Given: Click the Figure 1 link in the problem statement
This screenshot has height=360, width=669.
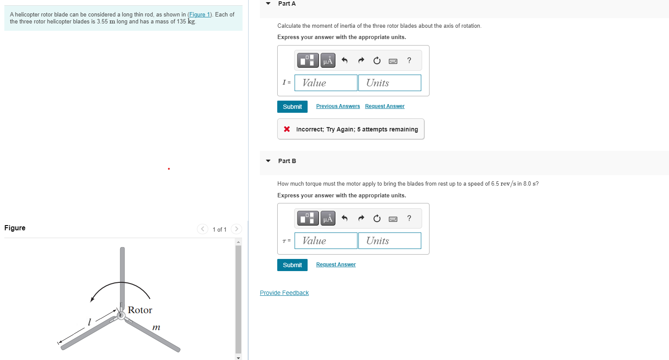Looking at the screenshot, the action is click(x=200, y=14).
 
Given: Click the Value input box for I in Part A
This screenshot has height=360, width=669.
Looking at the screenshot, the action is click(x=326, y=83).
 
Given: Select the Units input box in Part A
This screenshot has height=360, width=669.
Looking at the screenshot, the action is click(x=390, y=83).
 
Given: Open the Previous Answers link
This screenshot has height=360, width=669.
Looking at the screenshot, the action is click(x=338, y=106).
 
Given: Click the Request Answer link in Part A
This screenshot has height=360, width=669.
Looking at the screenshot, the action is click(x=385, y=106).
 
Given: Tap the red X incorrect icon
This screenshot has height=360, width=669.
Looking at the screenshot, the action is click(x=287, y=129).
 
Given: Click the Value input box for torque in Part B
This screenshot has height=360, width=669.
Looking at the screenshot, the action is click(x=326, y=241).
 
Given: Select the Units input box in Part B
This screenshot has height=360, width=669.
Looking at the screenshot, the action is click(x=390, y=241).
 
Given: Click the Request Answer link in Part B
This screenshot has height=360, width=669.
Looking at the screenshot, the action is click(x=336, y=265).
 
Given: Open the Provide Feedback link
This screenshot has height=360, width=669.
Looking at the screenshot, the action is click(x=284, y=293).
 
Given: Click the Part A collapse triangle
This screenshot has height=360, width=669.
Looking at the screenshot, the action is click(x=268, y=3).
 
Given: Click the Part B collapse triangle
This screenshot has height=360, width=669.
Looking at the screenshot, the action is click(x=268, y=161).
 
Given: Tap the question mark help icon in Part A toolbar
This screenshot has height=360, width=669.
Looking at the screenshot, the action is click(x=409, y=60).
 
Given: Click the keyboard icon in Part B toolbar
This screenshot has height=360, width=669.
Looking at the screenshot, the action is click(x=393, y=219).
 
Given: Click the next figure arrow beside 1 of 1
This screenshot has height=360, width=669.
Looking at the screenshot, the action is click(x=236, y=229).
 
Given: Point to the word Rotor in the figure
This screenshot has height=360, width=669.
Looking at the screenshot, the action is click(x=140, y=310).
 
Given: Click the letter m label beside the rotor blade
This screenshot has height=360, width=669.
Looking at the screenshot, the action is click(x=156, y=327).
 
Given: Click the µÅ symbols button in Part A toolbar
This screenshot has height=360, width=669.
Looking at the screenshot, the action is click(x=328, y=60).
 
